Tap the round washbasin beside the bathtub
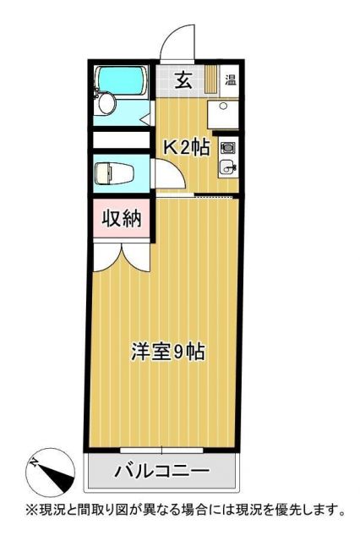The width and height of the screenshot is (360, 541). [x=106, y=104]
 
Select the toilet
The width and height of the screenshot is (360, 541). [x=109, y=174]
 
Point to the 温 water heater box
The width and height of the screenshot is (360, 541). [x=231, y=81]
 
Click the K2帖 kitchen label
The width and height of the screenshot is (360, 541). [x=186, y=145]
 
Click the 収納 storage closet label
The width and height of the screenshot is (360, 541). [x=122, y=219]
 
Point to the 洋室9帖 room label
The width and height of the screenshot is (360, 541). [x=168, y=351]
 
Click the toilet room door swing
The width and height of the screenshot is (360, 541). [x=168, y=178]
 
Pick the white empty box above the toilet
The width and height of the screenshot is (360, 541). [x=122, y=139]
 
